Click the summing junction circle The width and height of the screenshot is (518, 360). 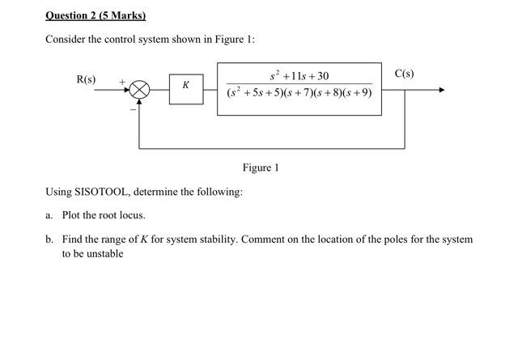click(x=140, y=90)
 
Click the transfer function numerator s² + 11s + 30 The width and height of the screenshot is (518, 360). click(x=299, y=76)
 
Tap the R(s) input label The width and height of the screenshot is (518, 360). click(x=86, y=79)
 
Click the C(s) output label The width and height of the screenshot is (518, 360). click(x=404, y=74)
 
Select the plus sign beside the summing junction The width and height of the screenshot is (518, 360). click(x=122, y=81)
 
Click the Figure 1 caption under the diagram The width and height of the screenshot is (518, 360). click(x=260, y=167)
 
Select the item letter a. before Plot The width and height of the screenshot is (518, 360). click(x=49, y=215)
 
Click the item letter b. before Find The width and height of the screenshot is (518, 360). click(x=49, y=239)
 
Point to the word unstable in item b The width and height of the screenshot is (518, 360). click(x=104, y=253)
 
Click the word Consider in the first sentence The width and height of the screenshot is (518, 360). click(x=66, y=40)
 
